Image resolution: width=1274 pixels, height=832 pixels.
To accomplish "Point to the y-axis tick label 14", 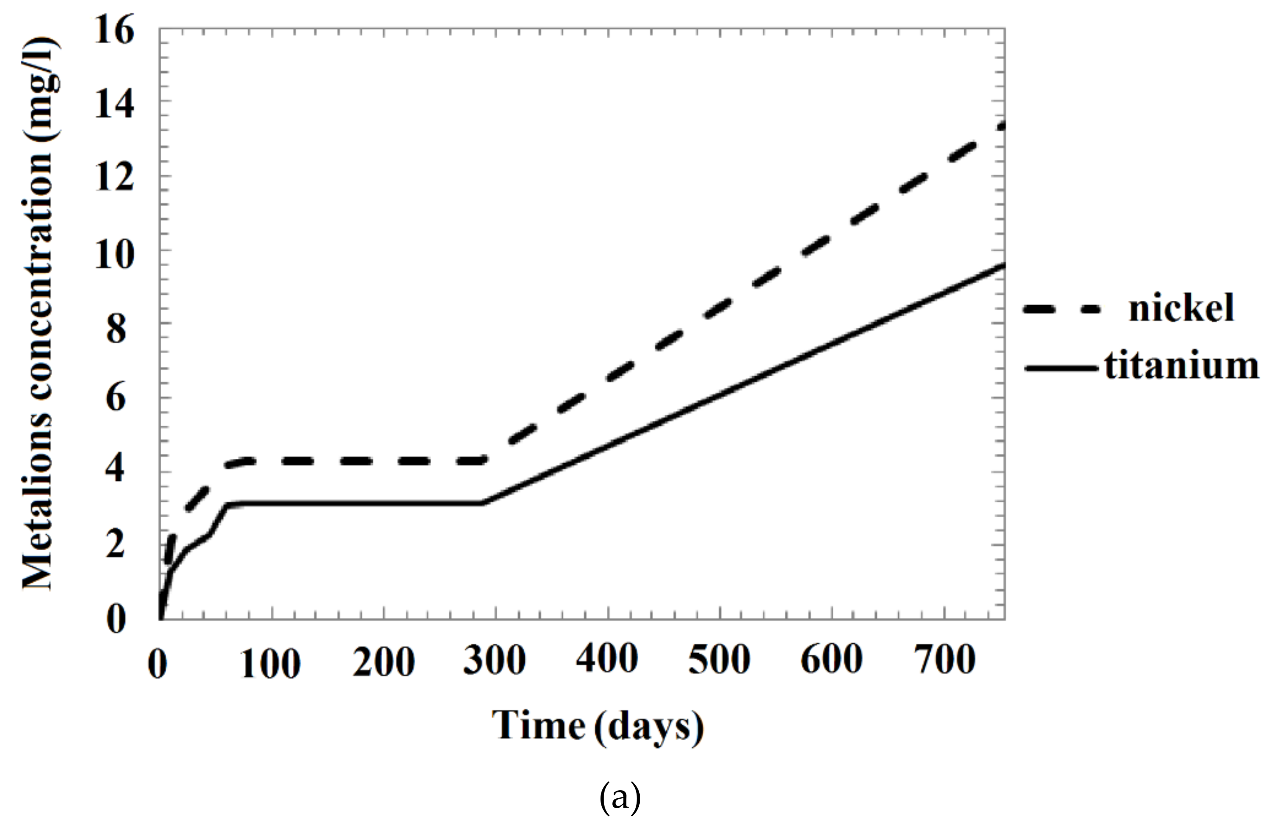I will coord(114,104).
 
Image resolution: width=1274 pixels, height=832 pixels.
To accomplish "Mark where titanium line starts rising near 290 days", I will coord(483,503).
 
